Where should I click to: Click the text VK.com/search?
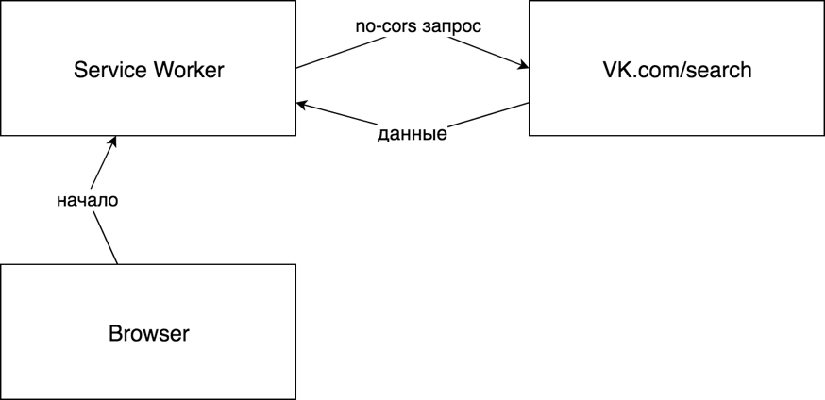coord(676,70)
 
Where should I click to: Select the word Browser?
coord(148,333)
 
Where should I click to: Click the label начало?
coord(87,200)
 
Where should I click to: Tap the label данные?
coord(412,135)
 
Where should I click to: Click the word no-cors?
coord(380,26)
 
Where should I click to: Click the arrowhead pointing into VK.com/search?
coord(522,66)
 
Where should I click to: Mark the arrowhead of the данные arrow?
coord(302,105)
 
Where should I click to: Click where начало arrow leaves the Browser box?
coord(117,264)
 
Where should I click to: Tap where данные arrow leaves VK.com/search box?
coord(529,103)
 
